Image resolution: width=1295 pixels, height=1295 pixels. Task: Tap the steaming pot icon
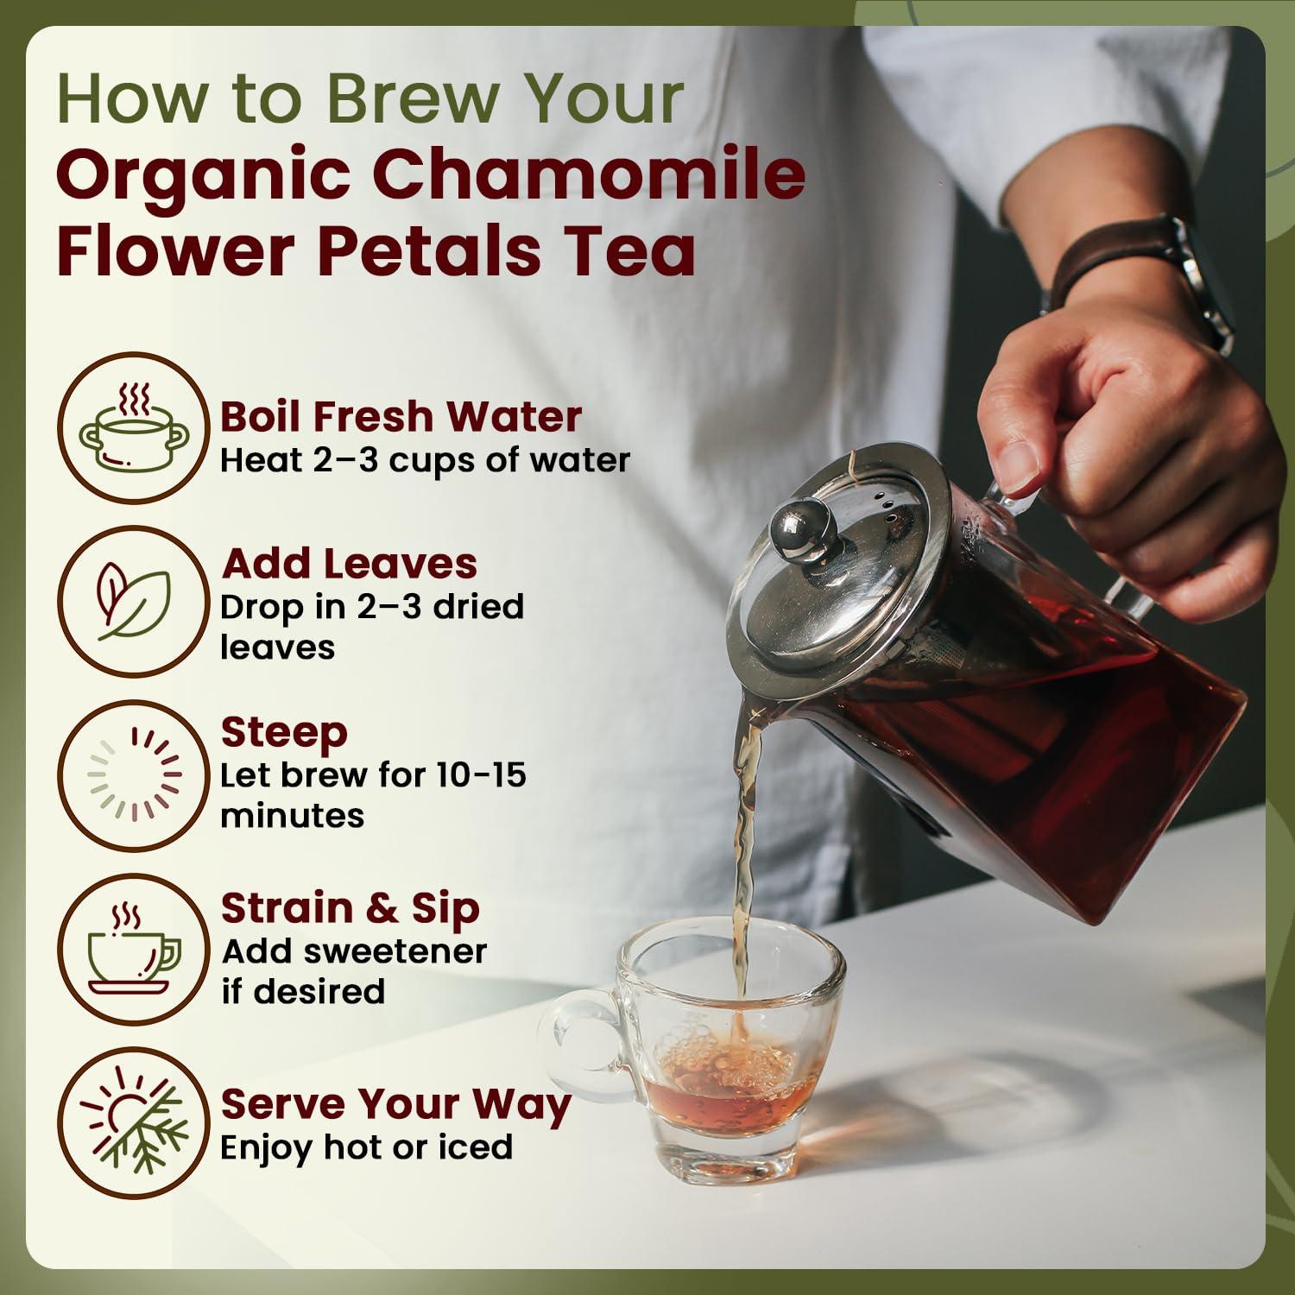[134, 428]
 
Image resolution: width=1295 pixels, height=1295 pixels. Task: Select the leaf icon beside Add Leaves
[134, 601]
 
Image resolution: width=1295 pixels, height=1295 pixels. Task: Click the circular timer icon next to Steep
[134, 774]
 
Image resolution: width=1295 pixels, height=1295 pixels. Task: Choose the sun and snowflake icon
[134, 1121]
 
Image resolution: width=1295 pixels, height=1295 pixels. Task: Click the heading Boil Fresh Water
[401, 416]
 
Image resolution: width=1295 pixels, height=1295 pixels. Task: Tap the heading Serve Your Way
[395, 1104]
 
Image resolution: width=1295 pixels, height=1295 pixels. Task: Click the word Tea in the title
[629, 251]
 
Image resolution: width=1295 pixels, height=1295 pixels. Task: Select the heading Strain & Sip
[350, 908]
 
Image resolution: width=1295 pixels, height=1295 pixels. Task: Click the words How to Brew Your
[370, 98]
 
